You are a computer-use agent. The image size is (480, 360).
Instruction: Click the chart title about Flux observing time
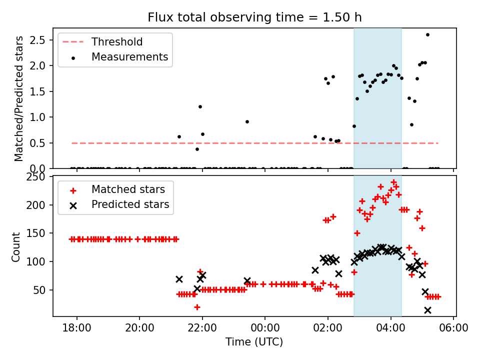(254, 17)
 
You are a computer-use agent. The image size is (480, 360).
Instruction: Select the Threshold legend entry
(116, 42)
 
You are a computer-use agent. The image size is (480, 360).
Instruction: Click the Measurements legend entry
(129, 57)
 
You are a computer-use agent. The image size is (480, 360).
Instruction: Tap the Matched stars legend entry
(128, 189)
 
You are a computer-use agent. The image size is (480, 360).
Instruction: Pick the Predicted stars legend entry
(130, 204)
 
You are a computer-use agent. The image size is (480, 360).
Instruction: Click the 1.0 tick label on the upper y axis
(40, 117)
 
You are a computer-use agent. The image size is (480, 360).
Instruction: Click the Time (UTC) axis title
(254, 342)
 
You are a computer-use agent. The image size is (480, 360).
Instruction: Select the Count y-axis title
(16, 247)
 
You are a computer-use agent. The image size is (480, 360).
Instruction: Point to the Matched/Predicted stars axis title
(19, 98)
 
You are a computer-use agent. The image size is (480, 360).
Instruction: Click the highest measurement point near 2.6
(427, 34)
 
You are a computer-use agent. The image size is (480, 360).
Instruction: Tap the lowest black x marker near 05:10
(427, 310)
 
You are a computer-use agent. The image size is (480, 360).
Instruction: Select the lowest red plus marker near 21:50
(197, 307)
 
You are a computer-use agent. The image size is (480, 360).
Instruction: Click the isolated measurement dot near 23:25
(247, 121)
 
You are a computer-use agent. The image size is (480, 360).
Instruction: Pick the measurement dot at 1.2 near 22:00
(200, 106)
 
